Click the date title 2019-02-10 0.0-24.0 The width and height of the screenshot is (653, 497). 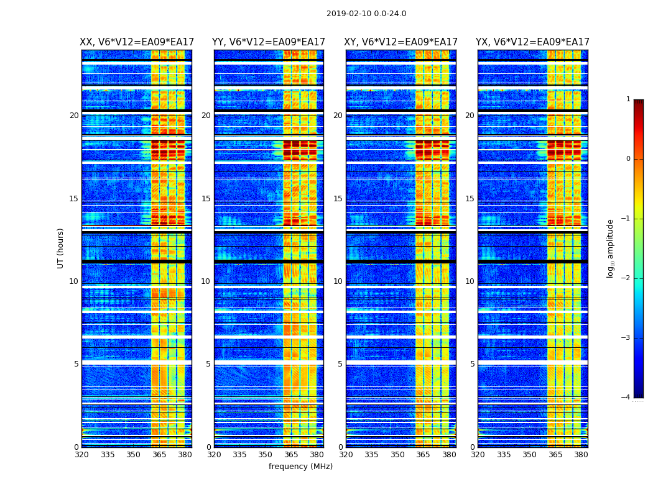tap(366, 14)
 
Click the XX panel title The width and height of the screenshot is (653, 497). tap(137, 42)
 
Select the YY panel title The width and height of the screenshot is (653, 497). tap(269, 42)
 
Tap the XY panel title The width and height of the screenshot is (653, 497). tap(401, 42)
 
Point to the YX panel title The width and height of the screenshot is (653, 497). tap(533, 42)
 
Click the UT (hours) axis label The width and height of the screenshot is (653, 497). tap(60, 248)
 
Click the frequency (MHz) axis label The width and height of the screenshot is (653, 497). tap(300, 467)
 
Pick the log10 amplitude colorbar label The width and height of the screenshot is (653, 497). tap(611, 248)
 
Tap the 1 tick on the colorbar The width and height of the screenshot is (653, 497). tap(628, 99)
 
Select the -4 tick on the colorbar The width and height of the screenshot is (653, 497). tap(626, 398)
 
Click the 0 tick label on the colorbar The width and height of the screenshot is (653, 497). tap(628, 159)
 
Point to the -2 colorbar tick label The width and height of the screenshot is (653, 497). tap(626, 278)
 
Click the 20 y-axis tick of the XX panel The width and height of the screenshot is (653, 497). tap(74, 116)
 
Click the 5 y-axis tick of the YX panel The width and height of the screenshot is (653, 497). tap(472, 364)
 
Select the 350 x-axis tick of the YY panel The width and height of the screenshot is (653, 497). tap(266, 455)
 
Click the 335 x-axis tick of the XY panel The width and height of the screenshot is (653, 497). tap(372, 455)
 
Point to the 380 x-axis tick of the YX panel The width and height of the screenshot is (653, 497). tap(581, 455)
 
